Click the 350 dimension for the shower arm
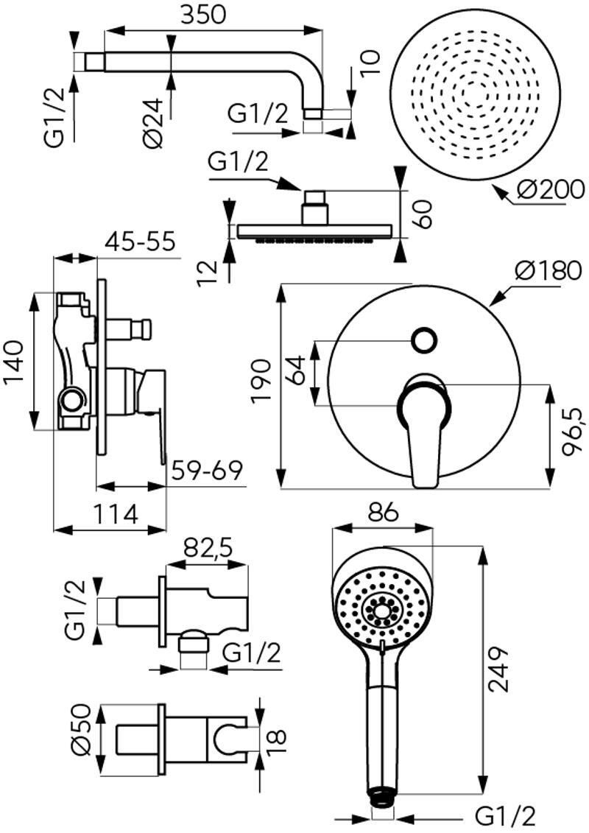click(x=203, y=14)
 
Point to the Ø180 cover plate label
click(x=548, y=271)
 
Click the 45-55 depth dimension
click(x=140, y=242)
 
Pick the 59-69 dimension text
click(x=207, y=470)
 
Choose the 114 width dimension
click(x=116, y=513)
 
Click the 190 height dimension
click(x=261, y=382)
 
